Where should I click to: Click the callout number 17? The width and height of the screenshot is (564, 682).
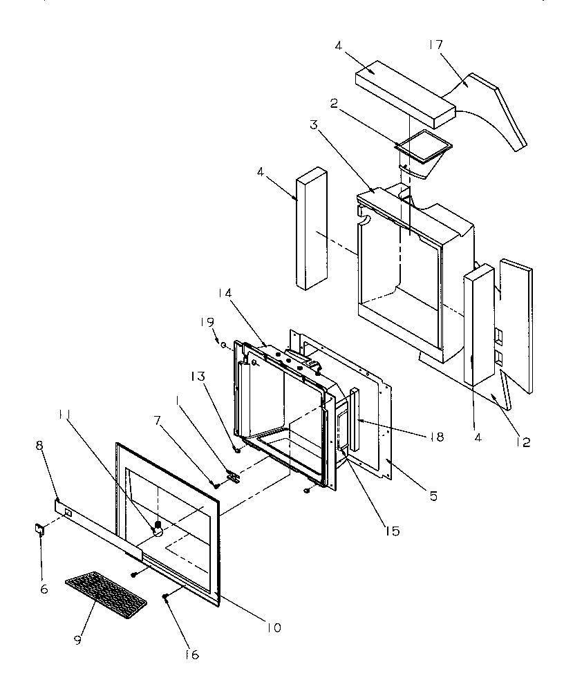[x=435, y=45]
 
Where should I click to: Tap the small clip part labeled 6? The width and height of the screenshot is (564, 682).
[x=39, y=530]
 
